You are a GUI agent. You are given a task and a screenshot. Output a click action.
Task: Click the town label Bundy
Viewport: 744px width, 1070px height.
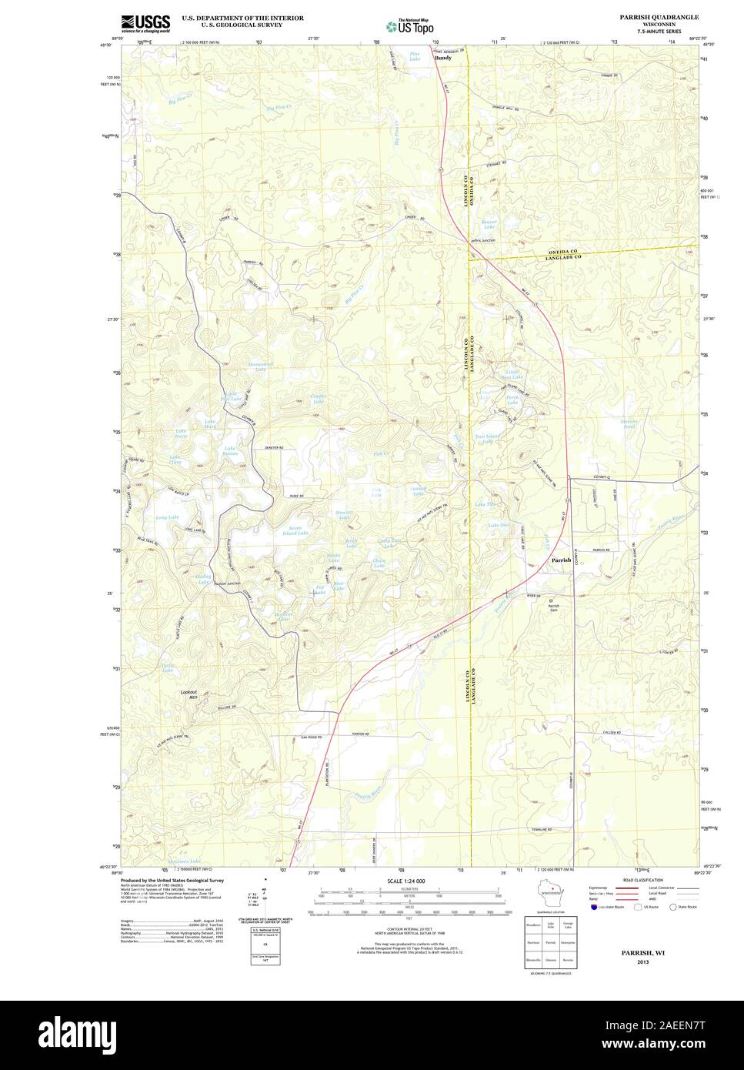tap(443, 58)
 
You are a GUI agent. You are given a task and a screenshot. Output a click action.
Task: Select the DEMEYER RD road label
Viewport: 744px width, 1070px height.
tap(271, 447)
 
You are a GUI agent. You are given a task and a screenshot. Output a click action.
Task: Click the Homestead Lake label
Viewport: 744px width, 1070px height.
tap(255, 366)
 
